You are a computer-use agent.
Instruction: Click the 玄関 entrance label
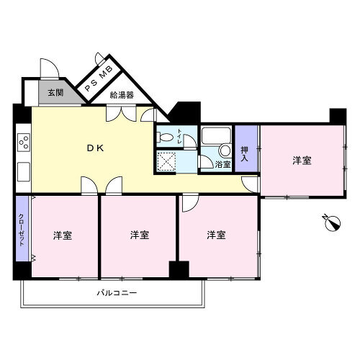click(55, 93)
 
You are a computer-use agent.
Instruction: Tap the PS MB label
click(99, 79)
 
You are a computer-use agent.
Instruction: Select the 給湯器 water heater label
click(122, 95)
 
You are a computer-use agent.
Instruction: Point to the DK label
click(95, 148)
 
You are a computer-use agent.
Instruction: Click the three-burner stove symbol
click(24, 142)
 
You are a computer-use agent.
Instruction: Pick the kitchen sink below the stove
click(24, 172)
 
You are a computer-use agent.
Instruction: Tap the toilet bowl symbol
click(165, 138)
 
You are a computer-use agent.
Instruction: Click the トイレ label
click(179, 136)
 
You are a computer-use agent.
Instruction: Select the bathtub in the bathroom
click(216, 135)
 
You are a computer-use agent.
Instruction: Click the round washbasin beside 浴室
click(225, 151)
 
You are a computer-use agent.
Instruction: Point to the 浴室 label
click(222, 164)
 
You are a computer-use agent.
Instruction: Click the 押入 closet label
click(245, 154)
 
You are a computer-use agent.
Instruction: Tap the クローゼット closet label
click(22, 230)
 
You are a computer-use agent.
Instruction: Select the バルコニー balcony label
click(117, 293)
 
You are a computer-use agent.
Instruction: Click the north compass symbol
click(332, 222)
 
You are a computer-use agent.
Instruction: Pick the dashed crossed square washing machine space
click(166, 161)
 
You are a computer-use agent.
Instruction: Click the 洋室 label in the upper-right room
click(302, 161)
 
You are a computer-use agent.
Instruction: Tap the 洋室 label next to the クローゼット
click(63, 235)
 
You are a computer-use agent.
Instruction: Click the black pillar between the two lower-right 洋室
click(179, 270)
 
